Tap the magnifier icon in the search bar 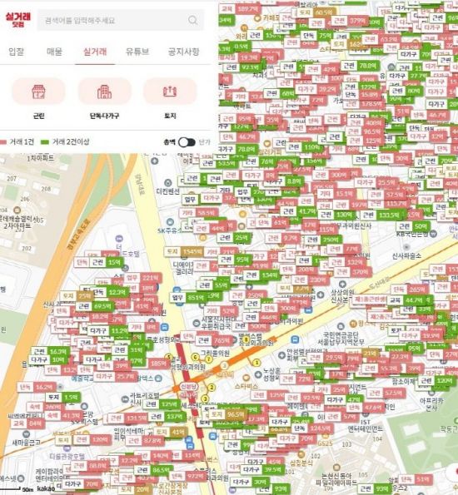click(x=193, y=19)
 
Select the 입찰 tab click(x=16, y=52)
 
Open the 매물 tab click(x=54, y=52)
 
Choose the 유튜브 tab click(x=137, y=52)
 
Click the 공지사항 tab click(x=183, y=52)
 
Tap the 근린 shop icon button click(x=38, y=97)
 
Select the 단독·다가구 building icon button click(x=104, y=97)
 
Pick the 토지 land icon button click(x=170, y=97)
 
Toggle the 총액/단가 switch click(x=187, y=142)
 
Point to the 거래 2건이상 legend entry click(x=63, y=142)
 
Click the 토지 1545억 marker click(x=183, y=251)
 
